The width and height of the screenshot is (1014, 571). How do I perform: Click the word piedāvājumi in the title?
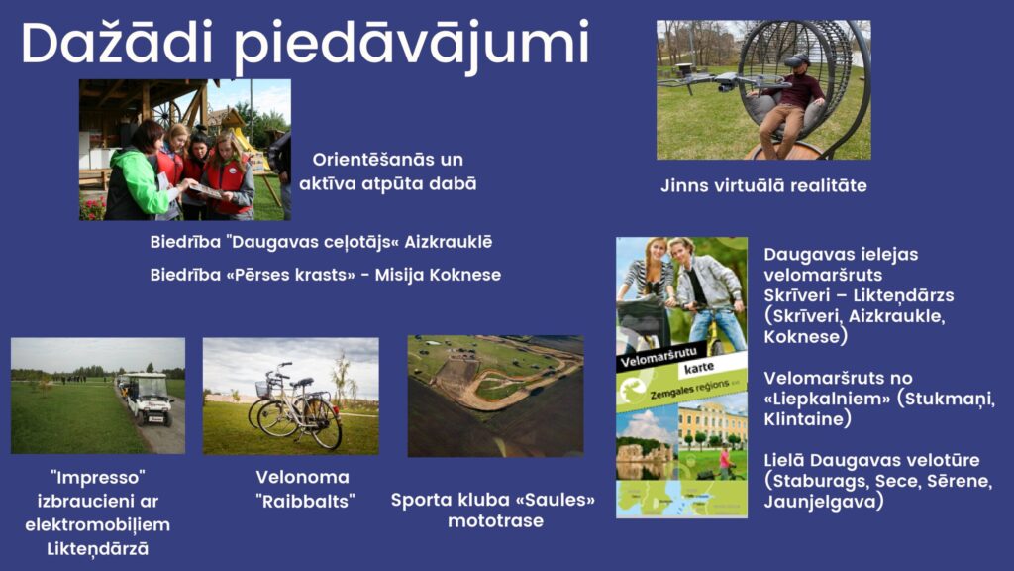click(412, 46)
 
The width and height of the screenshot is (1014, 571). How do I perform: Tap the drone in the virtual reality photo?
click(724, 81)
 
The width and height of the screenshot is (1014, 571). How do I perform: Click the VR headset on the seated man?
click(796, 60)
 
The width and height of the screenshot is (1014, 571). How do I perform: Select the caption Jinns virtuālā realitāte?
click(763, 185)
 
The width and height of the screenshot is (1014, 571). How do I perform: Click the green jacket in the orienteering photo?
click(135, 183)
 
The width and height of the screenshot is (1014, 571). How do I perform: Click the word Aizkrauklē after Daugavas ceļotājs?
click(449, 242)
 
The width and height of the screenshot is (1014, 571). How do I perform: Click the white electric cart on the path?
click(149, 399)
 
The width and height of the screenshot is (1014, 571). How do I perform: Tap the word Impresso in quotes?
click(98, 478)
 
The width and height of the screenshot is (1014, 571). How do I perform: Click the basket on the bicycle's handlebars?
click(263, 389)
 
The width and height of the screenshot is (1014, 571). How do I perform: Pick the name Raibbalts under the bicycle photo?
click(306, 501)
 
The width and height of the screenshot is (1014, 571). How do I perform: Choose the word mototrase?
click(495, 521)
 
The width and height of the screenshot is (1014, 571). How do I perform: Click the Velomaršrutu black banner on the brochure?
click(659, 358)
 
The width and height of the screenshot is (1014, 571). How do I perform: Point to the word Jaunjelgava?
click(820, 502)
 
